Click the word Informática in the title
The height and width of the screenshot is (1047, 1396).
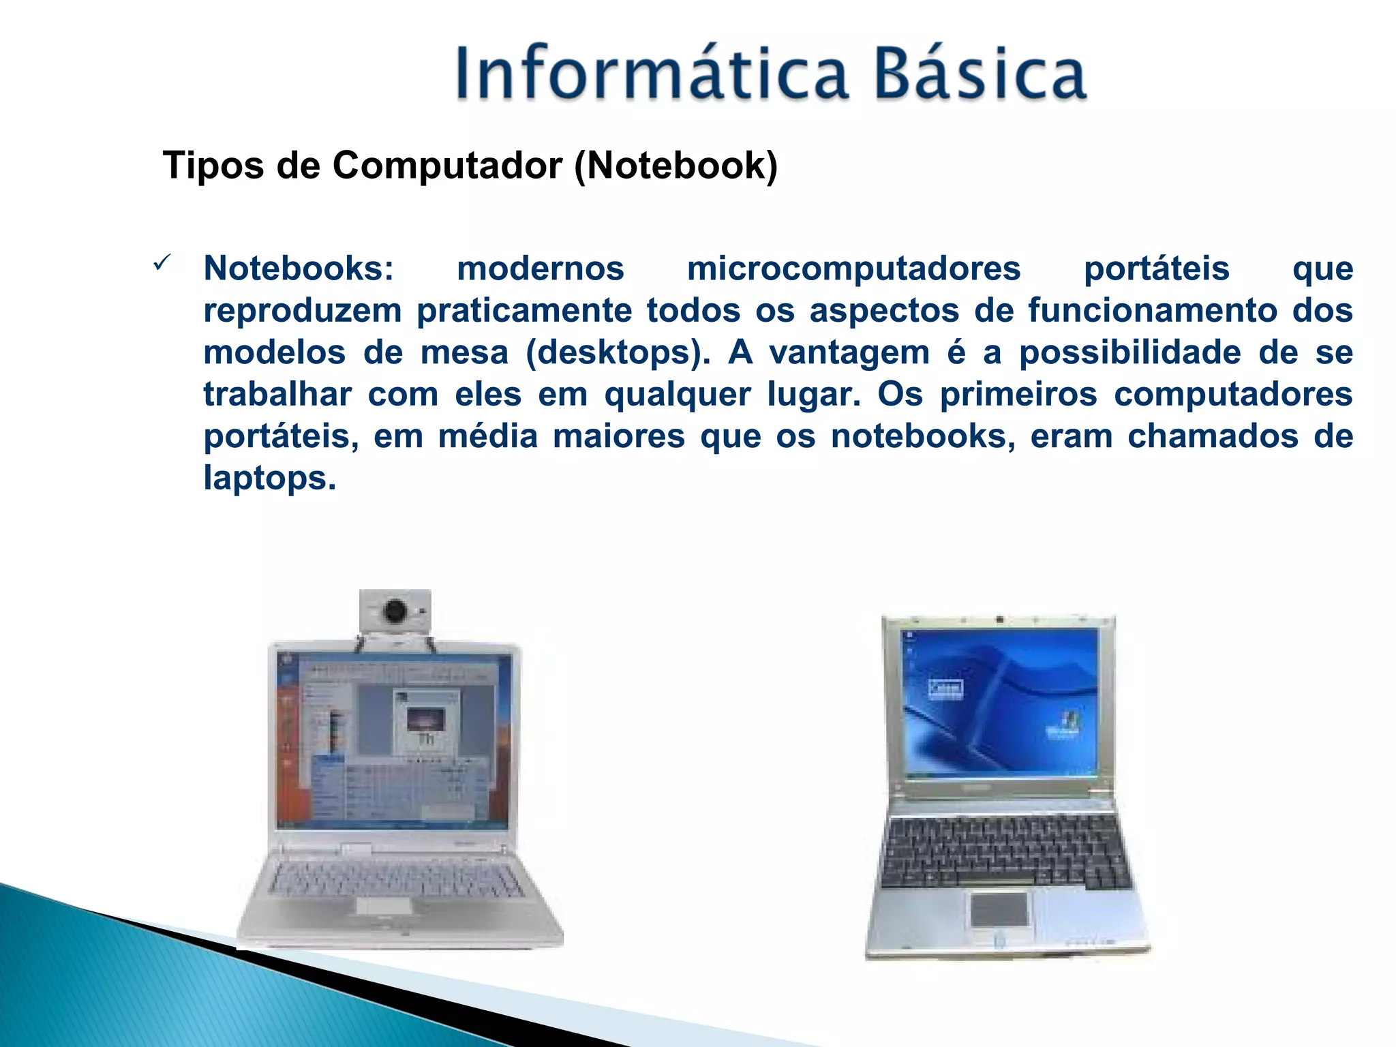click(651, 74)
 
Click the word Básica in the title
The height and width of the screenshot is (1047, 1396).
click(980, 74)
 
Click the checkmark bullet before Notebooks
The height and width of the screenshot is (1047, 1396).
click(162, 263)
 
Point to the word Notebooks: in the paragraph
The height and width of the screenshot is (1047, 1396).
click(299, 268)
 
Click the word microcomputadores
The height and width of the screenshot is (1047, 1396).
click(853, 268)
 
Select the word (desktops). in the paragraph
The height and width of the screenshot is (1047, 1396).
click(618, 352)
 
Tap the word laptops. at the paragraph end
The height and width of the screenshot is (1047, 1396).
click(270, 478)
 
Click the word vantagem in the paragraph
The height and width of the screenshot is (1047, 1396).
click(849, 352)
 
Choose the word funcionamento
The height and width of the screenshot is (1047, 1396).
click(1153, 310)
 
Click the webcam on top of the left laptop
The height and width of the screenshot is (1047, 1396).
click(395, 611)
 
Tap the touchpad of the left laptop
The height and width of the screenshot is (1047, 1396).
click(384, 906)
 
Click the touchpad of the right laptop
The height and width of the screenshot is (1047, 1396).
click(999, 909)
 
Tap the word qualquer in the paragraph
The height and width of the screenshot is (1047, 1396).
click(678, 394)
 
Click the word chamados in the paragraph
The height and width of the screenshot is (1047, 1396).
click(1213, 436)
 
